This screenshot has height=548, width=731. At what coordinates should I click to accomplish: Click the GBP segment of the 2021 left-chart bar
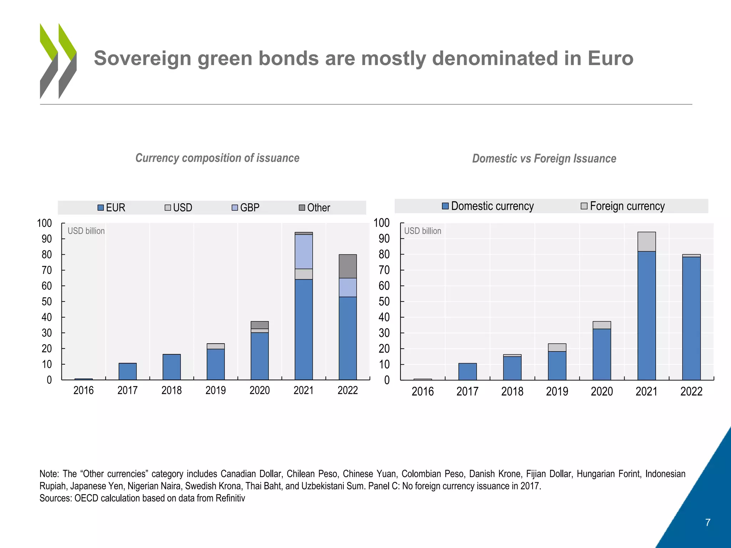pos(304,252)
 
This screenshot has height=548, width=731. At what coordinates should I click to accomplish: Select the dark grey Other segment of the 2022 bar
pos(348,266)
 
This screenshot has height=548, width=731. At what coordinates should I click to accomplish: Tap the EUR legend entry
pos(112,208)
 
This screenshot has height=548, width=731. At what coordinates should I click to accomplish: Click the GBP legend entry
pos(246,208)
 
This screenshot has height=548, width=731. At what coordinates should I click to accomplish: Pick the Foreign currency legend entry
pos(623,206)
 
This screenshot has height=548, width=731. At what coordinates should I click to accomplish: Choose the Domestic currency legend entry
pos(488,206)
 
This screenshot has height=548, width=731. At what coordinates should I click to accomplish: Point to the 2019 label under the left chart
pos(216,390)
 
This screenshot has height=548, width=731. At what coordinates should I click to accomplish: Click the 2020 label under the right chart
pos(602,392)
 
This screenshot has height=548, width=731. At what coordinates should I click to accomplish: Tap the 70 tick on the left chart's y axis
pos(46,270)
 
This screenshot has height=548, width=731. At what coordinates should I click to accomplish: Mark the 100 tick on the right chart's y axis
pos(381,223)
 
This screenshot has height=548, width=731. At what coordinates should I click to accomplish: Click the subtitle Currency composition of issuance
pos(217,158)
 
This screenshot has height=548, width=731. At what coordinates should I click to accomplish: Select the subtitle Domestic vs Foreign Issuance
pos(544,158)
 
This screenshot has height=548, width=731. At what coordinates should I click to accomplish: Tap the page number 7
pos(708,523)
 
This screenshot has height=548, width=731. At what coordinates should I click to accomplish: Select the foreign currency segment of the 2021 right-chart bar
pos(646,242)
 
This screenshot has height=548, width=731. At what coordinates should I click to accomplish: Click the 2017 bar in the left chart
pos(127,371)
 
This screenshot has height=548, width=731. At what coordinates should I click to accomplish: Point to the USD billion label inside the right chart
pos(423,231)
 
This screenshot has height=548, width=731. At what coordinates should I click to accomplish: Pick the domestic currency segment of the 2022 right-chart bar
pos(691,318)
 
